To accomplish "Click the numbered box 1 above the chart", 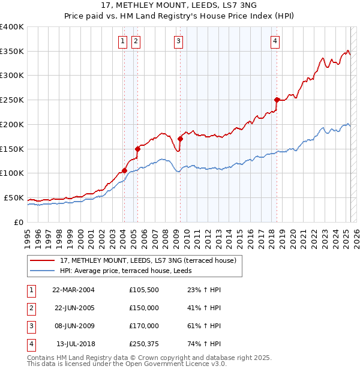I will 122,41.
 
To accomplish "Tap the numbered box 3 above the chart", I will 179,41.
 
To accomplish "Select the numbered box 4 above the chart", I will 275,41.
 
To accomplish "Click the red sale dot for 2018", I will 277,100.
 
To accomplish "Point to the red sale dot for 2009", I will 180,139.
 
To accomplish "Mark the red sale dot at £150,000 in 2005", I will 137,149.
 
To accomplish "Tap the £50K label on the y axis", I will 14,197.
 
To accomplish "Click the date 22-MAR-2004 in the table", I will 73,290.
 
